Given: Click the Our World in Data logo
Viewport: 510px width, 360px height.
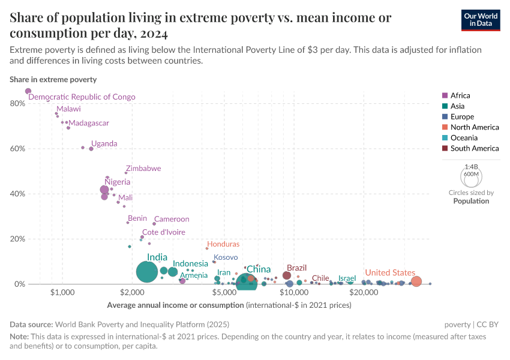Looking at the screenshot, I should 481,19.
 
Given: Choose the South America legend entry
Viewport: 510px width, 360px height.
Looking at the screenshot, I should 474,148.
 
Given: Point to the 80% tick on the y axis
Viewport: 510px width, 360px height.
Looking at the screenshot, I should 17,103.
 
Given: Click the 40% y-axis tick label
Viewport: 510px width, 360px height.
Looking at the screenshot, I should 17,194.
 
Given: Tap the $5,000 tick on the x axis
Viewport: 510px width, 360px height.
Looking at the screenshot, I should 225,293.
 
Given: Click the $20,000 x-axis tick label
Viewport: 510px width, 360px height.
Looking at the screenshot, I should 362,293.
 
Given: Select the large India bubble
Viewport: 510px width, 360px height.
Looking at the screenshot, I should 146,272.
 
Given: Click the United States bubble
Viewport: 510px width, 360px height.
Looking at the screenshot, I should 416,281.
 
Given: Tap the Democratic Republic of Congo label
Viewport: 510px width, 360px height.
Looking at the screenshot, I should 82,97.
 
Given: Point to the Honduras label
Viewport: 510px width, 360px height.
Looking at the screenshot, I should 223,244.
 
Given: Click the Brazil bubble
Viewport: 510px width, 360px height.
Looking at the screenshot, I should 287,275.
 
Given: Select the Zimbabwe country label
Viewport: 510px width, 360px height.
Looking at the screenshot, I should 143,169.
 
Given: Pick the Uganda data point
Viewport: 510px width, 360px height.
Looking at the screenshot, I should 91,149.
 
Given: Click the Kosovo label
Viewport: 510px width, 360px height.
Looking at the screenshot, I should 226,257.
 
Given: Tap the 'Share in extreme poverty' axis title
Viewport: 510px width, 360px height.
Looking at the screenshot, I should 53,79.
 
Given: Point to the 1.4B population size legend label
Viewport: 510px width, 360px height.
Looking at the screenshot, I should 471,167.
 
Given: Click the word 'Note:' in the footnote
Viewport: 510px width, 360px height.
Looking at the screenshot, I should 20,337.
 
